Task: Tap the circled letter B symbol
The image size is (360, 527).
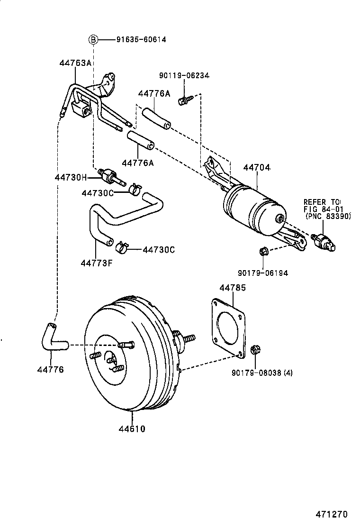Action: pyautogui.click(x=94, y=40)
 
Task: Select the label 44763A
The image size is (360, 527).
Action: pyautogui.click(x=75, y=63)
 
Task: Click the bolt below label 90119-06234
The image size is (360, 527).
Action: pyautogui.click(x=183, y=100)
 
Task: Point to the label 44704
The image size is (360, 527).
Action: pyautogui.click(x=257, y=167)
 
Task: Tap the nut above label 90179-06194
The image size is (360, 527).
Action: pyautogui.click(x=264, y=250)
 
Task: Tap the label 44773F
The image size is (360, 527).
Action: pyautogui.click(x=97, y=263)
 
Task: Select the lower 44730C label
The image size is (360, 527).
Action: pyautogui.click(x=159, y=249)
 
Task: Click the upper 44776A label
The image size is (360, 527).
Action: pyautogui.click(x=154, y=94)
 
